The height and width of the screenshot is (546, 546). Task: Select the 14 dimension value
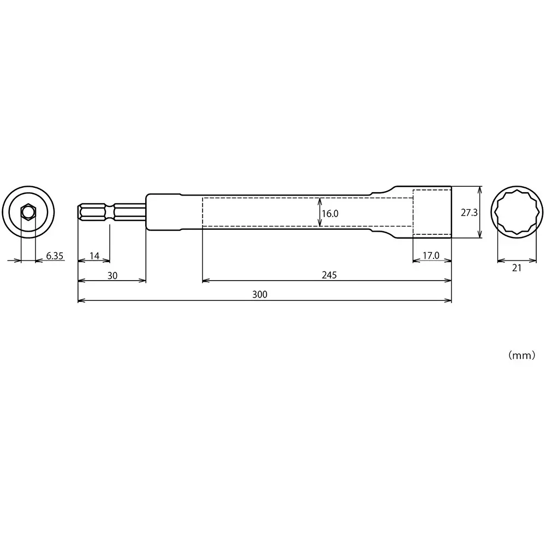click(94, 256)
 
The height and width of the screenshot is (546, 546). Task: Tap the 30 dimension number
click(112, 276)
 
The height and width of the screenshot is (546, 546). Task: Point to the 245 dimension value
click(329, 276)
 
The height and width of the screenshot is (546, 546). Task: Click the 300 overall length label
click(260, 295)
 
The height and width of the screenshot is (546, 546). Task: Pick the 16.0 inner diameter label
click(330, 214)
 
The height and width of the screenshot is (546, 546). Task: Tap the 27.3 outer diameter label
click(469, 213)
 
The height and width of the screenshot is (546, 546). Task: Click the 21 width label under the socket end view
click(517, 268)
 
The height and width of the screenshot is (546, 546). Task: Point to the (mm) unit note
click(521, 355)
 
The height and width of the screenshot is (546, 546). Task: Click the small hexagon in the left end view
click(28, 212)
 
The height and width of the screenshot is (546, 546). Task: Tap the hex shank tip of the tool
click(81, 212)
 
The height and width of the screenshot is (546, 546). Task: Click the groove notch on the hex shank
click(112, 212)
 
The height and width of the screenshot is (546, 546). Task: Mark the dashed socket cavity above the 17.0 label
click(431, 212)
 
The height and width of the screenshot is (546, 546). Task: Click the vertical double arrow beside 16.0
click(319, 212)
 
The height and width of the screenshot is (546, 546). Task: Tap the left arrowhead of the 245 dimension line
click(205, 281)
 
